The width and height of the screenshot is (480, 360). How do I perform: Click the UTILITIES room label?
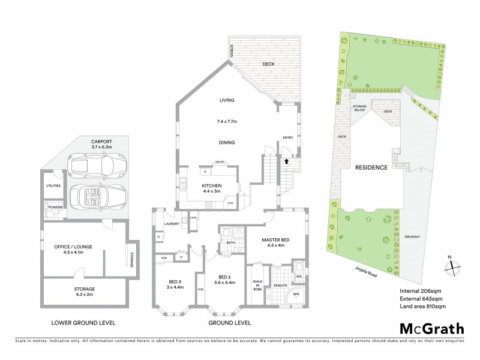point(53,186)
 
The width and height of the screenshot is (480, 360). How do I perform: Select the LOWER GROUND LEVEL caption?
point(83,322)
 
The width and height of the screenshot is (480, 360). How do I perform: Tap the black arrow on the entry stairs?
point(287,161)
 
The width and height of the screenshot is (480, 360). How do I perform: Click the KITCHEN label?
point(212,186)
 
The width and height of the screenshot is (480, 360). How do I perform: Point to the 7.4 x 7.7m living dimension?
point(227,121)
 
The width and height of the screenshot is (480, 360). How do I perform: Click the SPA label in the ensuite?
point(296,295)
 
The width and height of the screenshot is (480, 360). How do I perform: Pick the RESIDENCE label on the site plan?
point(370,167)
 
